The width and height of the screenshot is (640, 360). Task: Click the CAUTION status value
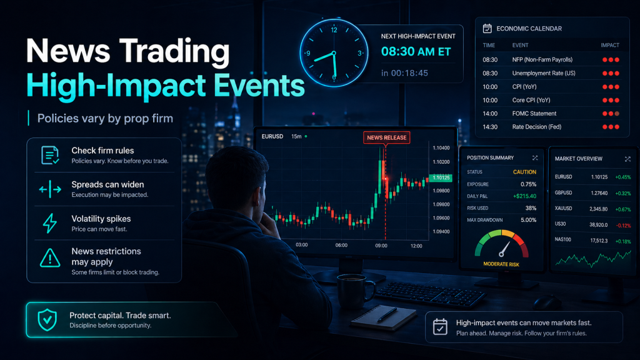[524, 172]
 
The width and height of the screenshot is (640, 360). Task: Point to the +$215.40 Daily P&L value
[524, 196]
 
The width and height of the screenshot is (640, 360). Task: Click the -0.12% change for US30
[622, 224]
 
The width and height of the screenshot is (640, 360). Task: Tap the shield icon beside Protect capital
[47, 320]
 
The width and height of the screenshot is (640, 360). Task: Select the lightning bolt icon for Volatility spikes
[49, 223]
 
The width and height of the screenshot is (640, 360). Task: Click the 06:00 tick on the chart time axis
[341, 246]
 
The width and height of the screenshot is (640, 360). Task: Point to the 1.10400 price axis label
[441, 147]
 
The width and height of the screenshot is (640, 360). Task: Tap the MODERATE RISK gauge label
[501, 264]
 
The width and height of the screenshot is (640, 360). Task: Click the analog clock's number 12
[334, 30]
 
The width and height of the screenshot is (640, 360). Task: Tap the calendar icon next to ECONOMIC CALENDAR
[487, 29]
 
